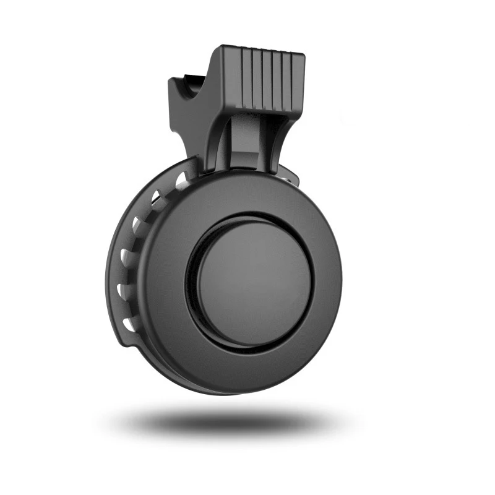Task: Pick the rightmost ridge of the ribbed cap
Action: [298, 80]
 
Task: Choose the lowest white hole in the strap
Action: [128, 324]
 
